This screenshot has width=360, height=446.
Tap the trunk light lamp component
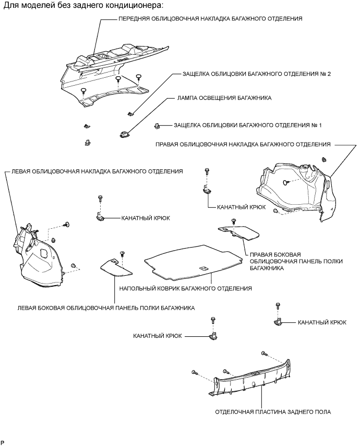click(125, 135)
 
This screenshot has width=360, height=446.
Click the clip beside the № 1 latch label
click(157, 125)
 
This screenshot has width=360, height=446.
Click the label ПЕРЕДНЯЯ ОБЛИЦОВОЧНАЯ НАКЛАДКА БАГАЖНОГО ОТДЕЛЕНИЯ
click(211, 18)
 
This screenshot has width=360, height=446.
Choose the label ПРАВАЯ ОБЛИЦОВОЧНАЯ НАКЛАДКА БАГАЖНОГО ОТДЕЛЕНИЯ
click(243, 144)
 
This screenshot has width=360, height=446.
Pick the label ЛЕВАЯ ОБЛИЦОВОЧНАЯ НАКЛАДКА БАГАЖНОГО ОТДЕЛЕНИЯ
click(94, 171)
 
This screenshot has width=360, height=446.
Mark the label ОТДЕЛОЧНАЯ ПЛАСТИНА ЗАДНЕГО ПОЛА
click(272, 412)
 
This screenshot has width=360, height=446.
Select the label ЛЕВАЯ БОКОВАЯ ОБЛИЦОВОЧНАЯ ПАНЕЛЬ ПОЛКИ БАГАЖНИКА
click(106, 308)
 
